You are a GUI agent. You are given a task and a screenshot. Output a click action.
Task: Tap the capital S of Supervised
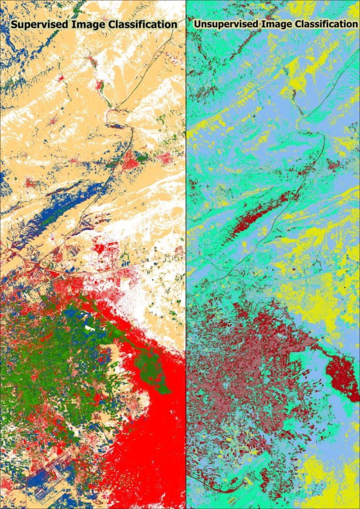click(x=15, y=24)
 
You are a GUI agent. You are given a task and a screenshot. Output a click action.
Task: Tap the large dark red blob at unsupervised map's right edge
click(x=342, y=375)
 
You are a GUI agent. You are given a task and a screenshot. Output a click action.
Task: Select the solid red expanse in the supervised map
click(x=155, y=445)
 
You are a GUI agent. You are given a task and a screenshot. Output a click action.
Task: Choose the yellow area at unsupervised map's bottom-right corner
click(x=328, y=478)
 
